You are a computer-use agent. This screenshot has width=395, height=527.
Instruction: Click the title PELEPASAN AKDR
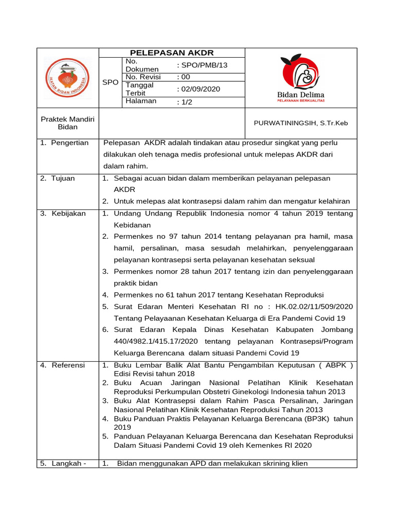tap(171, 53)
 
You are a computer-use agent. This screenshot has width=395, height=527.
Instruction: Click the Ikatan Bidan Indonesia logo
tap(67, 78)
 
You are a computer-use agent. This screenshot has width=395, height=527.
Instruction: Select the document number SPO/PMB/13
tap(202, 65)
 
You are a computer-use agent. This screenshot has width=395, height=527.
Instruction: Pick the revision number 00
tap(183, 77)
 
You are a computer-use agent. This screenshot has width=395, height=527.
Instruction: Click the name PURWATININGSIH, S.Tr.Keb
tap(301, 123)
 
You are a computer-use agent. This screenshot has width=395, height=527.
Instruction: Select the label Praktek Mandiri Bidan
tap(67, 123)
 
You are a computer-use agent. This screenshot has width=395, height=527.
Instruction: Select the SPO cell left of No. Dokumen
tap(110, 82)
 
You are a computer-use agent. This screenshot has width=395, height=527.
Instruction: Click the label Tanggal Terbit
tap(140, 89)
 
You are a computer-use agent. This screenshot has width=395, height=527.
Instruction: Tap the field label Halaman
tap(141, 101)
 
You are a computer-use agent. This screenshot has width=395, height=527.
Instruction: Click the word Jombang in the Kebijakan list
tap(337, 329)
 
